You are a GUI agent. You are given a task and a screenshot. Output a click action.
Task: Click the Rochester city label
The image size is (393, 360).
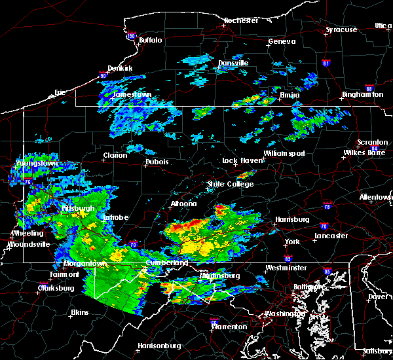click(242, 20)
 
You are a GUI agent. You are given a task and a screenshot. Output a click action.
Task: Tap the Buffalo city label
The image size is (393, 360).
click(150, 40)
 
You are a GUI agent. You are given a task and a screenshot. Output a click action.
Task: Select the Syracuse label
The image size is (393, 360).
click(341, 29)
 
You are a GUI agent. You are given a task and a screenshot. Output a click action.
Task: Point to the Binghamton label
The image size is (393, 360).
click(362, 95)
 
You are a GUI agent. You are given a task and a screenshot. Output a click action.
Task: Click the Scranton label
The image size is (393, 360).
click(372, 143)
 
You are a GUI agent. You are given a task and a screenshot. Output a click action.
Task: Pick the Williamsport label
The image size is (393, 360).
click(284, 153)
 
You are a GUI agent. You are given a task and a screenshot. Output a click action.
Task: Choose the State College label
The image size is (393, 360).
click(231, 185)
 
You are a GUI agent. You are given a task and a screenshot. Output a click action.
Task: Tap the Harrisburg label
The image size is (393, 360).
click(291, 219)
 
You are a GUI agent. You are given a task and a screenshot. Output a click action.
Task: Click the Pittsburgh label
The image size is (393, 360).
click(79, 208)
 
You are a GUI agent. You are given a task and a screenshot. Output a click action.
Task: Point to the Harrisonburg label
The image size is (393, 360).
click(160, 346)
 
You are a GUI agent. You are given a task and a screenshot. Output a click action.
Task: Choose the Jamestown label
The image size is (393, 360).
click(132, 94)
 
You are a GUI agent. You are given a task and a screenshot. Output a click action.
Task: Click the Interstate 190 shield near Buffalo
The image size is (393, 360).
click(130, 36)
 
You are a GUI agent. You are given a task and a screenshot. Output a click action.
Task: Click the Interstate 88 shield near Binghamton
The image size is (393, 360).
click(369, 89)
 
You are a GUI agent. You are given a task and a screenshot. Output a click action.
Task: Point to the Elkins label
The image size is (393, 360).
click(79, 312)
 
